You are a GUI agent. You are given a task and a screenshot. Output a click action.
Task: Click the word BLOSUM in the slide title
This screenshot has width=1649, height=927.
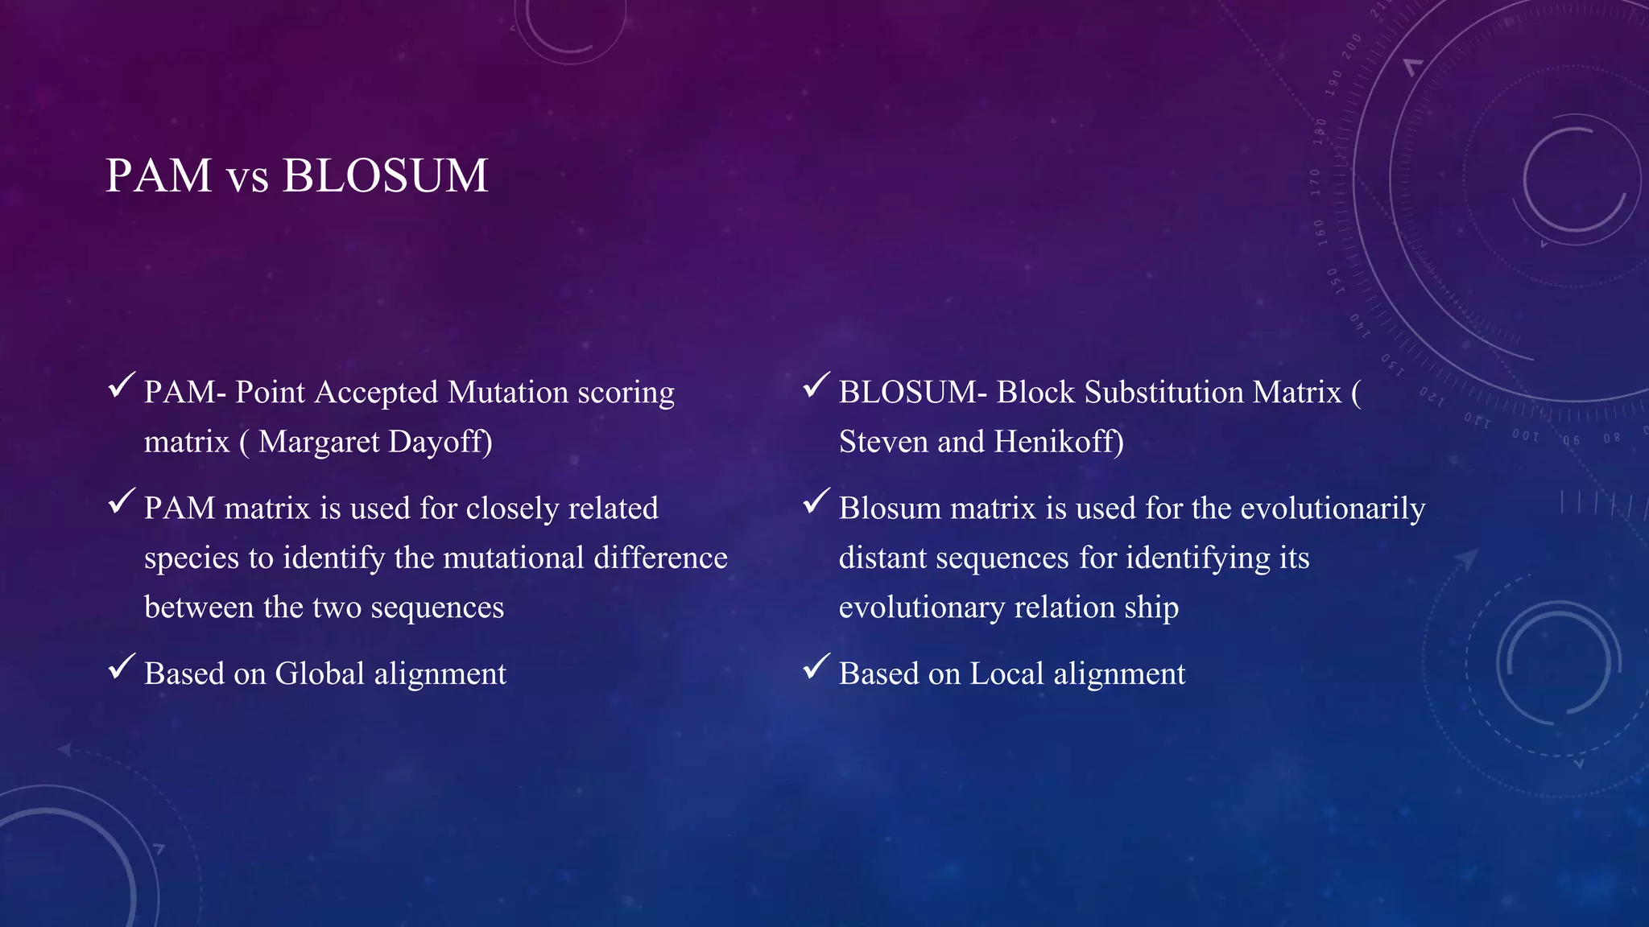(x=385, y=175)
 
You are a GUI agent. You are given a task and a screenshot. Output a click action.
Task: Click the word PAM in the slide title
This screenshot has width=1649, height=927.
(x=159, y=175)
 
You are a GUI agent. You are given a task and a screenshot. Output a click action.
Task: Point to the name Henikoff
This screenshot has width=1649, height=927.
(x=1059, y=442)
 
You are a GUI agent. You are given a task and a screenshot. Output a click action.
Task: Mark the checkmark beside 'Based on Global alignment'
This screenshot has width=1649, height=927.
(x=121, y=666)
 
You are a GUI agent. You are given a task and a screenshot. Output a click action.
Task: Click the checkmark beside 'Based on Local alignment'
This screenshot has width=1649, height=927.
(x=816, y=666)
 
